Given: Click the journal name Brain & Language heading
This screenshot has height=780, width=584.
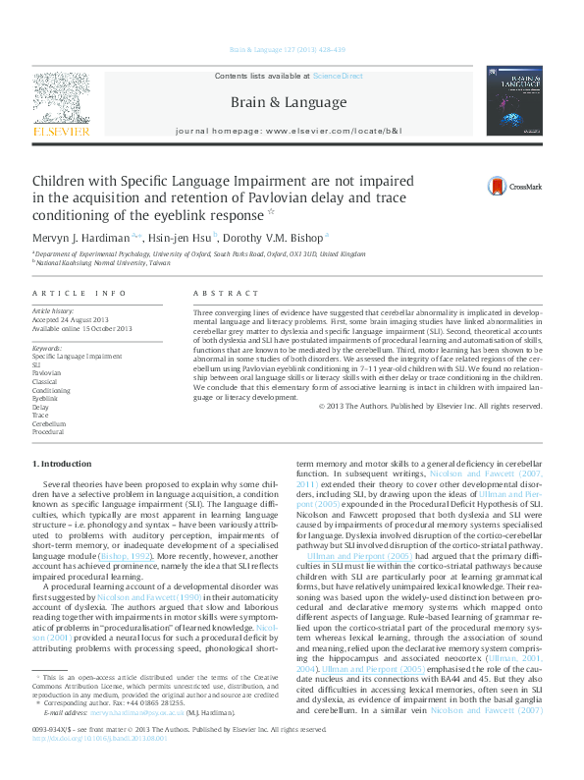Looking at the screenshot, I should pyautogui.click(x=288, y=102).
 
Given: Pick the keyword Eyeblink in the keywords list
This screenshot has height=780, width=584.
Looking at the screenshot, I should pyautogui.click(x=46, y=398).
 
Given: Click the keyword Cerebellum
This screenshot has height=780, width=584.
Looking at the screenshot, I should pyautogui.click(x=50, y=423).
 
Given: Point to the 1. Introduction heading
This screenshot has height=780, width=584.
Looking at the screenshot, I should pyautogui.click(x=64, y=463).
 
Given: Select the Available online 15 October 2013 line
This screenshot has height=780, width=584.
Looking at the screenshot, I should pyautogui.click(x=82, y=329).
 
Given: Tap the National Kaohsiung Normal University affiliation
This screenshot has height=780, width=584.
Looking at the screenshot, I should pyautogui.click(x=102, y=263).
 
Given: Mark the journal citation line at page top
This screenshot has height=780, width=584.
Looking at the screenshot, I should pyautogui.click(x=288, y=49).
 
